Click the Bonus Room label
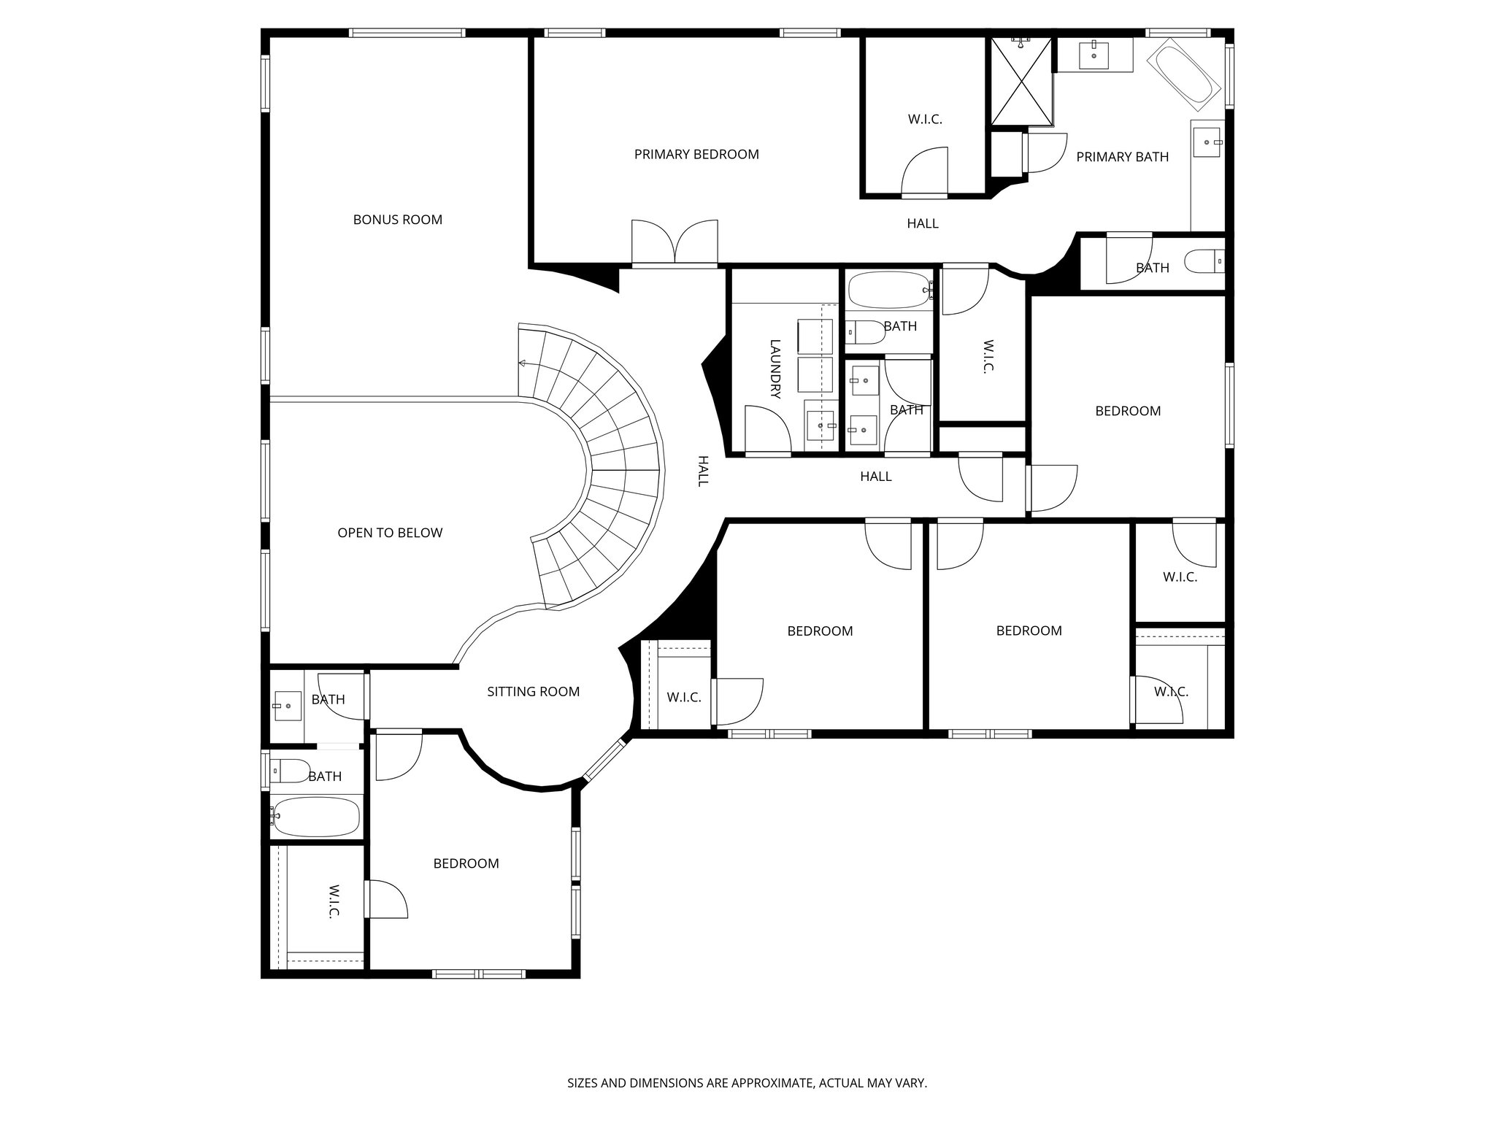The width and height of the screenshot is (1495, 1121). (397, 220)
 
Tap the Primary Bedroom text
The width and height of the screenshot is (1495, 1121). (696, 154)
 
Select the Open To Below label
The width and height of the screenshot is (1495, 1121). (390, 533)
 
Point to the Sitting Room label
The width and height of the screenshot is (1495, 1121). (533, 691)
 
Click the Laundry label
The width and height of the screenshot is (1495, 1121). (775, 369)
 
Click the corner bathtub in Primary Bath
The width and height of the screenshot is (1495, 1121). (1183, 74)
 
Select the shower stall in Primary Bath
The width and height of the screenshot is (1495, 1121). (1021, 81)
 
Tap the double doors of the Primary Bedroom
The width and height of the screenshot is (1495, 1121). (675, 242)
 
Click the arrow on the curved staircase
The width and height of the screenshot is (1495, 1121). (523, 363)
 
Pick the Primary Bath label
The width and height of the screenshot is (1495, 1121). (1122, 157)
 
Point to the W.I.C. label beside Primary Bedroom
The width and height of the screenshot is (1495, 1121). (925, 119)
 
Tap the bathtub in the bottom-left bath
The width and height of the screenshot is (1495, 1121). (317, 816)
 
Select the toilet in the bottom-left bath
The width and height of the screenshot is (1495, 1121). (290, 770)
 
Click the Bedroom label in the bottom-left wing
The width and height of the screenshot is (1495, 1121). (466, 863)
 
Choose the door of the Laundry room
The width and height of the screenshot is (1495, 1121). (768, 431)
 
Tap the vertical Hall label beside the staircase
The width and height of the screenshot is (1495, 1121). (703, 471)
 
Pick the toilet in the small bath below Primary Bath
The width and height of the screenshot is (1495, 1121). (1203, 261)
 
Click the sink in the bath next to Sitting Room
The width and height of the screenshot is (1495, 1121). (288, 706)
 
